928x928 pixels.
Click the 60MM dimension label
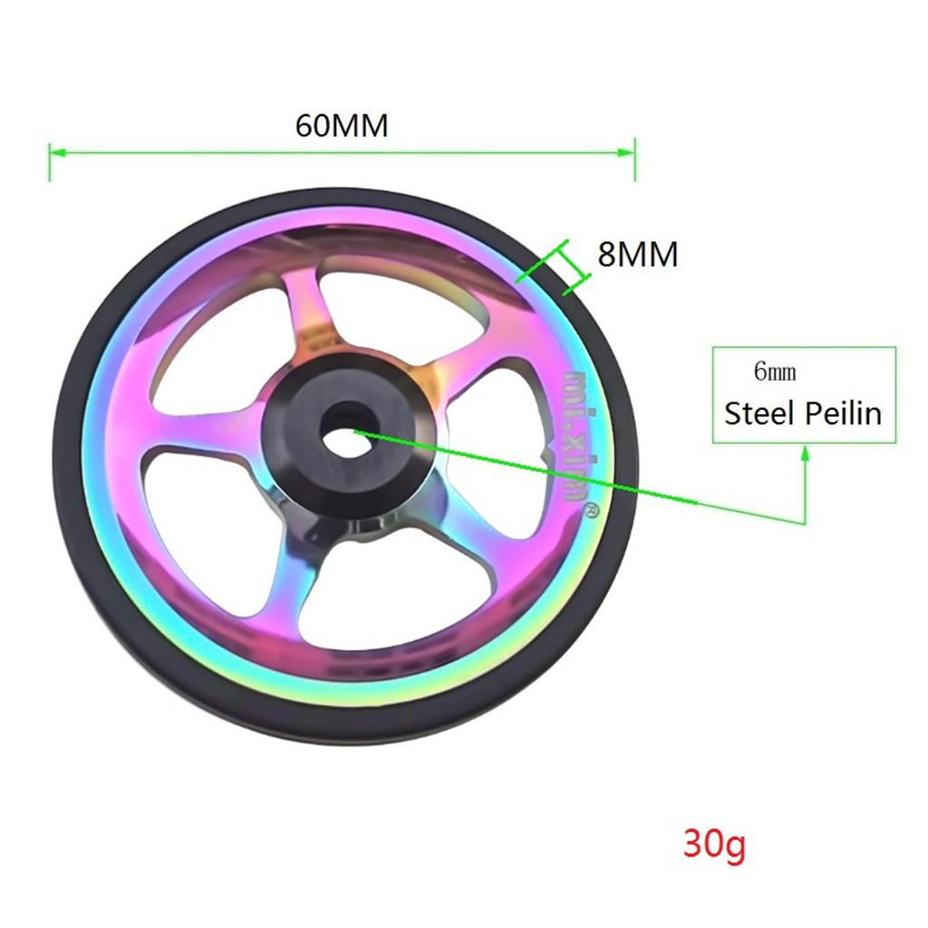tap(342, 125)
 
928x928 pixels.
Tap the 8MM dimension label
tap(637, 255)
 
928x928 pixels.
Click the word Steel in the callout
tap(758, 413)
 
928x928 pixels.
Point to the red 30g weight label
tap(714, 846)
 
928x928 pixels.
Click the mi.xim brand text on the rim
tap(574, 436)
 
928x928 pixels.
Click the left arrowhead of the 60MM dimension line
tap(54, 153)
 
